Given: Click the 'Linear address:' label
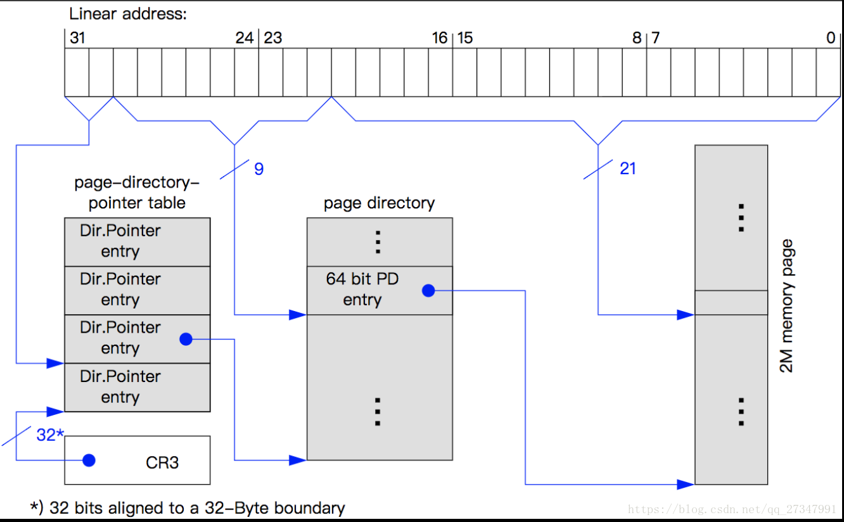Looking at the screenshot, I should (x=128, y=14).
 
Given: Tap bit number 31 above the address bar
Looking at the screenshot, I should (x=77, y=38).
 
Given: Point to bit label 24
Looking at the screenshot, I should (x=244, y=38).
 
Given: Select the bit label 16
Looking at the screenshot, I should (x=439, y=38).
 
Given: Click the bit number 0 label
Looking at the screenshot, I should (x=831, y=38).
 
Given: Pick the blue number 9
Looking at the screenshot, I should (x=259, y=169).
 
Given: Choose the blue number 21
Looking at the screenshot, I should (x=627, y=169).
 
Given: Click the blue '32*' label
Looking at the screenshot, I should (x=50, y=435).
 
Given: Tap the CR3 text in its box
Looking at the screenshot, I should (x=162, y=462).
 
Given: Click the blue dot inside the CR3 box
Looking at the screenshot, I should (x=89, y=461).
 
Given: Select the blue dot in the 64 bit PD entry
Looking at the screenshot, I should (x=428, y=291).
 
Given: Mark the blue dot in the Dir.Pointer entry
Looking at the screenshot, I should (x=186, y=340).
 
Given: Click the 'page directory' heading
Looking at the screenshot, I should (x=379, y=203).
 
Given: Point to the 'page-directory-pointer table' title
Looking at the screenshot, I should (x=137, y=193).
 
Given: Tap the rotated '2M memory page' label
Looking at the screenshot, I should (x=786, y=305).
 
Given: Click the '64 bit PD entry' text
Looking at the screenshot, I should (x=362, y=289).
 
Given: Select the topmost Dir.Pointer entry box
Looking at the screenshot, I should (x=137, y=241).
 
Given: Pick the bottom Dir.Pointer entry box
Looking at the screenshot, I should (x=137, y=387).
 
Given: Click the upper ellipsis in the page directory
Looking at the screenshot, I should (x=378, y=242).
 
